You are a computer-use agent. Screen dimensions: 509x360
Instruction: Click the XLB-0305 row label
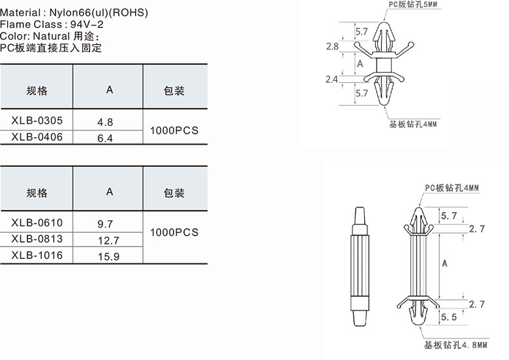pyautogui.click(x=37, y=121)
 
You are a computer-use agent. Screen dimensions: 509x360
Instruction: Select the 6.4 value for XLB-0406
pyautogui.click(x=105, y=138)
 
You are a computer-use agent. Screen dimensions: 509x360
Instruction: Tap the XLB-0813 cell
pyautogui.click(x=37, y=239)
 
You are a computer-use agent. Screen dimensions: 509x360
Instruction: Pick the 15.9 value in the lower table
pyautogui.click(x=109, y=256)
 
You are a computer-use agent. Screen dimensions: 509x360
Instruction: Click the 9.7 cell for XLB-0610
pyautogui.click(x=105, y=224)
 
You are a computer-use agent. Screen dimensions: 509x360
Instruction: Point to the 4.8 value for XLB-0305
pyautogui.click(x=105, y=122)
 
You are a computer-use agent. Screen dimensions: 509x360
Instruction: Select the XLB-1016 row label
pyautogui.click(x=37, y=255)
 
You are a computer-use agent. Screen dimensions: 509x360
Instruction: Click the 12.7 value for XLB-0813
pyautogui.click(x=109, y=241)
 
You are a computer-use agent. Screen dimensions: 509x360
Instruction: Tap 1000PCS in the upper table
pyautogui.click(x=174, y=130)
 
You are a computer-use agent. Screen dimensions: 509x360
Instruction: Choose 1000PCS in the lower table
pyautogui.click(x=174, y=232)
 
